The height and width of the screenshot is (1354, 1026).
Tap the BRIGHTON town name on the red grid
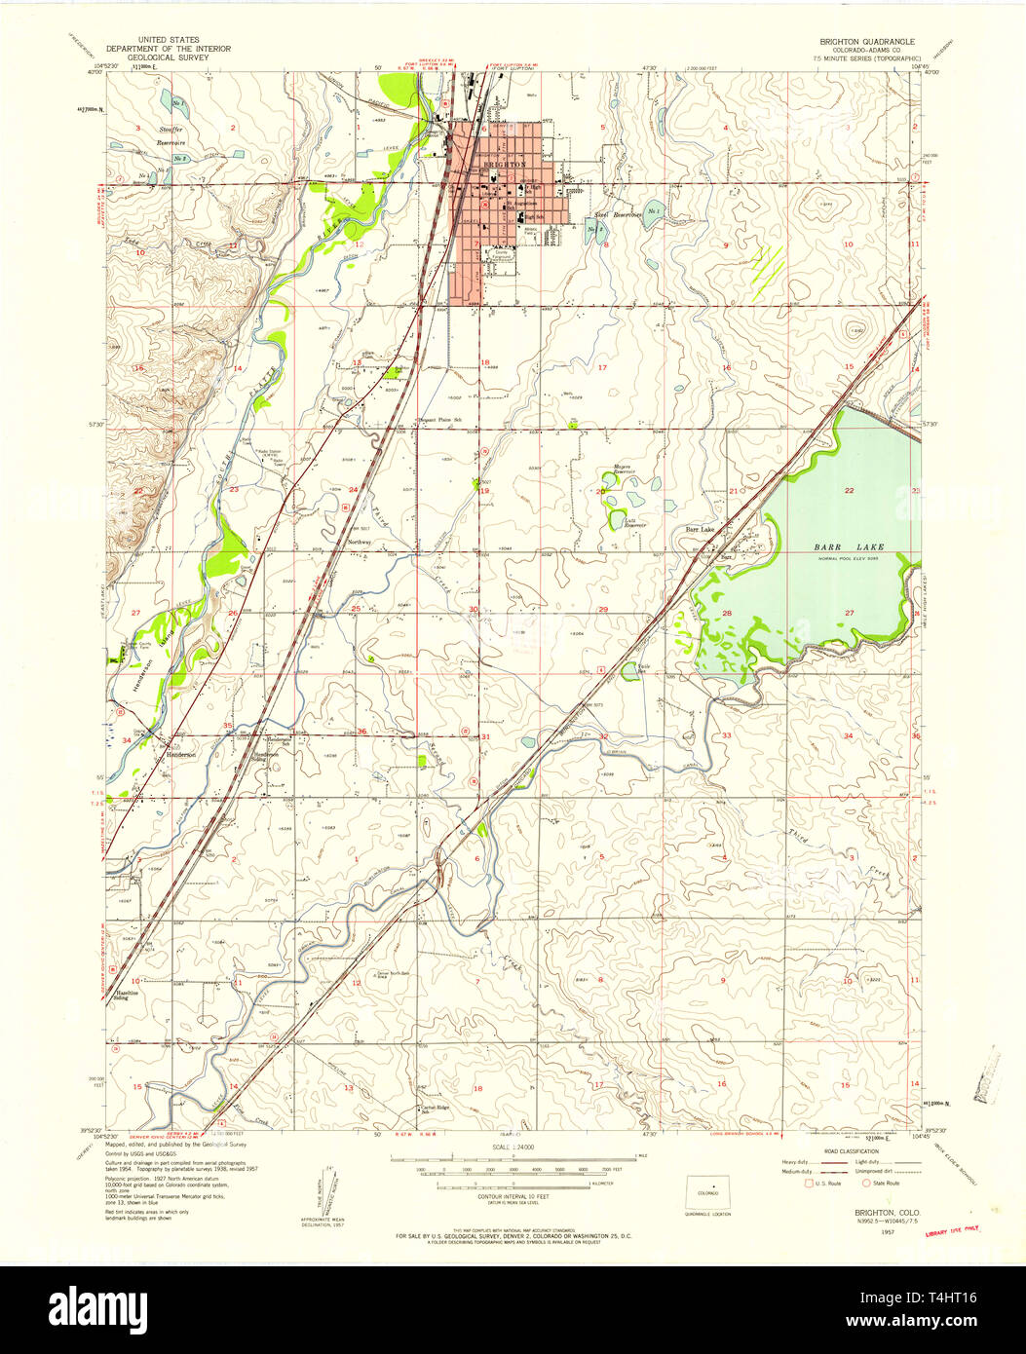point(506,165)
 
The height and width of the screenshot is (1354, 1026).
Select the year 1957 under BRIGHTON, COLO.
point(858,1231)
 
